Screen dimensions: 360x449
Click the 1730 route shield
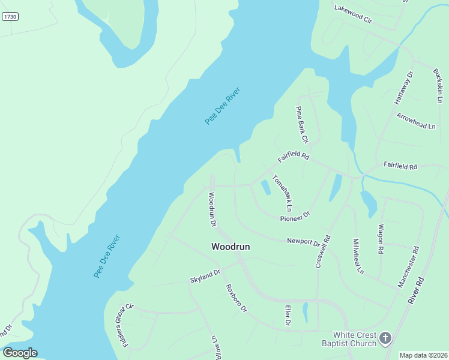point(10,17)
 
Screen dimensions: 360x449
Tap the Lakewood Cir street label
point(354,14)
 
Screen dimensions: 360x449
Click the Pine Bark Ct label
point(301,125)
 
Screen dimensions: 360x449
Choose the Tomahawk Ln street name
point(282,193)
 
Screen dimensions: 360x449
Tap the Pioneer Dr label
point(295,216)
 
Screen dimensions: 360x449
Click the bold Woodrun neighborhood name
point(231,247)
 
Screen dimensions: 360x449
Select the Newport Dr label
point(304,242)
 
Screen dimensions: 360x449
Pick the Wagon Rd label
point(381,239)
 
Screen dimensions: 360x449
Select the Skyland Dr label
point(206,276)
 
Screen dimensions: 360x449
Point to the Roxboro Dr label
point(236,298)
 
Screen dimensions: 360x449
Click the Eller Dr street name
point(288,316)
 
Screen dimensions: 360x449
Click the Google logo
point(20,353)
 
